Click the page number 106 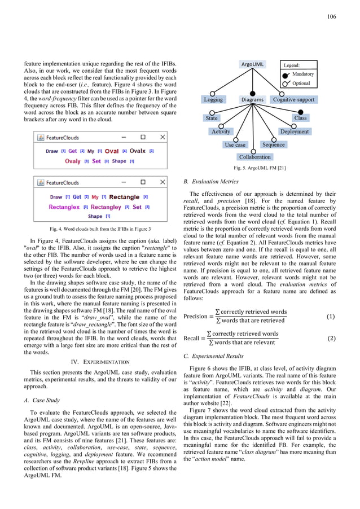pos(331,17)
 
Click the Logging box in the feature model pos(213,100)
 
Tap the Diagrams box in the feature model pos(252,100)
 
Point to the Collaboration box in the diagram pos(254,157)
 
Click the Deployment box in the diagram pos(294,131)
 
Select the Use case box pos(235,145)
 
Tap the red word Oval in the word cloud pos(112,151)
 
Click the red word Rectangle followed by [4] pos(124,197)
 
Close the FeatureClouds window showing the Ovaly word pos(163,137)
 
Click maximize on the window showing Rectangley pos(143,183)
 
